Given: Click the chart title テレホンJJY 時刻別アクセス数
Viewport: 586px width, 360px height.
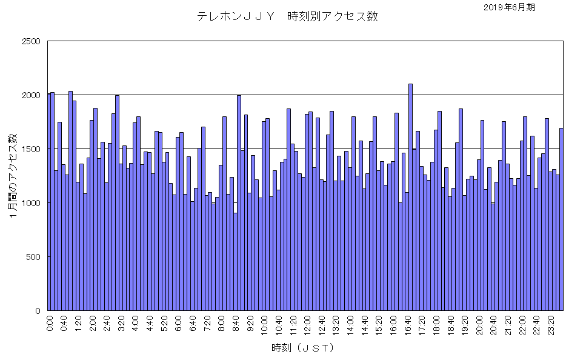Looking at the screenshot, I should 287,16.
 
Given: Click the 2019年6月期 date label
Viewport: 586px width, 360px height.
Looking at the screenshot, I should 510,7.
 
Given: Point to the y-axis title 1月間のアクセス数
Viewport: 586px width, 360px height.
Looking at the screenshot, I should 13,176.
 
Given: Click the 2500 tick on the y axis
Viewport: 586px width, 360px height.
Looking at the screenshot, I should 31,41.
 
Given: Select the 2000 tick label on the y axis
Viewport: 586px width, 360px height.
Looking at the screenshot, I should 31,95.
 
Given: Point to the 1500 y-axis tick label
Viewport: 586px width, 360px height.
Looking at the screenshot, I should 31,149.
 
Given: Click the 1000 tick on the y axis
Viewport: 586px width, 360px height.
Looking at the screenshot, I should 31,203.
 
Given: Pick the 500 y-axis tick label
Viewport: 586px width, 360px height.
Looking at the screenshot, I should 33,257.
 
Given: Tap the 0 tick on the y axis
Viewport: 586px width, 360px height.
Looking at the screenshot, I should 38,311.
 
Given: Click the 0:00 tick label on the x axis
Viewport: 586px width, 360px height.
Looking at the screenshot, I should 50,321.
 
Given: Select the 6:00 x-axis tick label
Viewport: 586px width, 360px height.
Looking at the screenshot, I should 179,321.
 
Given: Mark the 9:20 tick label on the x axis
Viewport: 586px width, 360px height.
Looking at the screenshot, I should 251,321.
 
